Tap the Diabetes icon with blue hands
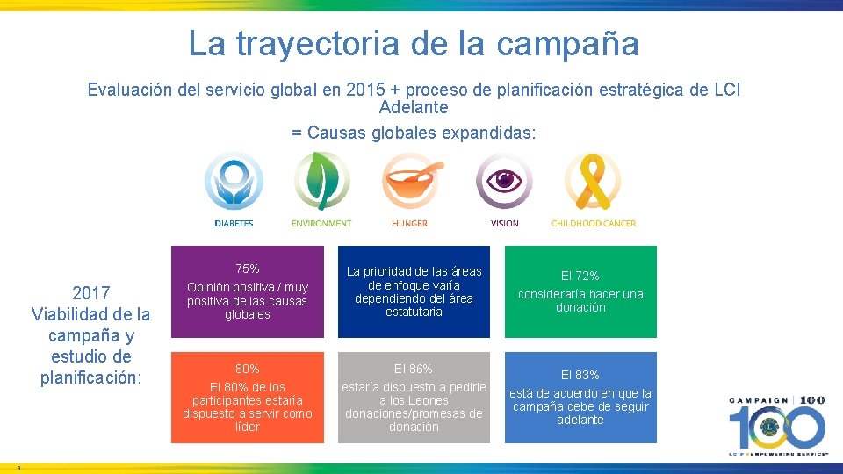click(x=234, y=183)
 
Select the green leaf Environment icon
click(x=321, y=181)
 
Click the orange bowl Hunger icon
click(x=410, y=181)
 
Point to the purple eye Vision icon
click(x=504, y=181)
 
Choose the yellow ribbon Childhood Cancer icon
click(x=593, y=181)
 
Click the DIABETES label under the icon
click(x=234, y=224)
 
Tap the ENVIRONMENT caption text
click(x=321, y=224)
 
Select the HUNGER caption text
click(x=410, y=224)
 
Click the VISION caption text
click(x=505, y=224)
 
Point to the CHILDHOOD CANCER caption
click(x=594, y=224)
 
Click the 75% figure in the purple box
click(x=247, y=269)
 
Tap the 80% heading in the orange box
click(x=247, y=369)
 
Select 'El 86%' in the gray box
click(x=413, y=369)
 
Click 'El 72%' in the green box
click(x=580, y=276)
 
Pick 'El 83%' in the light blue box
click(x=580, y=375)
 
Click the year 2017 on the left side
click(x=90, y=293)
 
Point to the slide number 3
click(x=18, y=467)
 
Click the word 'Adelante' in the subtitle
click(x=414, y=108)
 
